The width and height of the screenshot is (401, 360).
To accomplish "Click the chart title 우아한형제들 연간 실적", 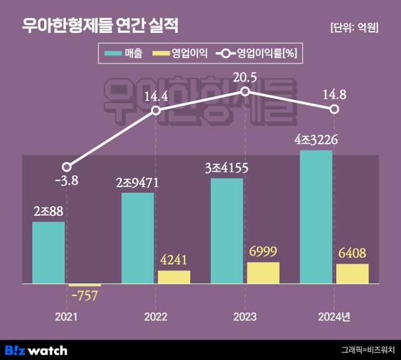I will tap(100, 25).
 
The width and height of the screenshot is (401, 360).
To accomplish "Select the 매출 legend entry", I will tap(125, 54).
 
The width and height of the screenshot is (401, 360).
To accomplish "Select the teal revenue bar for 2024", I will tap(316, 217).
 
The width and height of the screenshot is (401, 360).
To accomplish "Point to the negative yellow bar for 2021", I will tap(85, 285).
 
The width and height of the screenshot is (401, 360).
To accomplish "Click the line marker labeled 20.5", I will tap(245, 91).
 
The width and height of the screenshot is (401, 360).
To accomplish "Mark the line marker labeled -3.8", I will tap(67, 167).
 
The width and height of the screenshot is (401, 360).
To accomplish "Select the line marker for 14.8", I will tap(334, 109).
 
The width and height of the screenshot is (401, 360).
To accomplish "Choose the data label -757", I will tap(84, 296).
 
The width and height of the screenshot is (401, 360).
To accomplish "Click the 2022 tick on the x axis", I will tap(155, 317).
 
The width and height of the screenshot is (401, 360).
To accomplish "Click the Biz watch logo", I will tap(36, 350).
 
